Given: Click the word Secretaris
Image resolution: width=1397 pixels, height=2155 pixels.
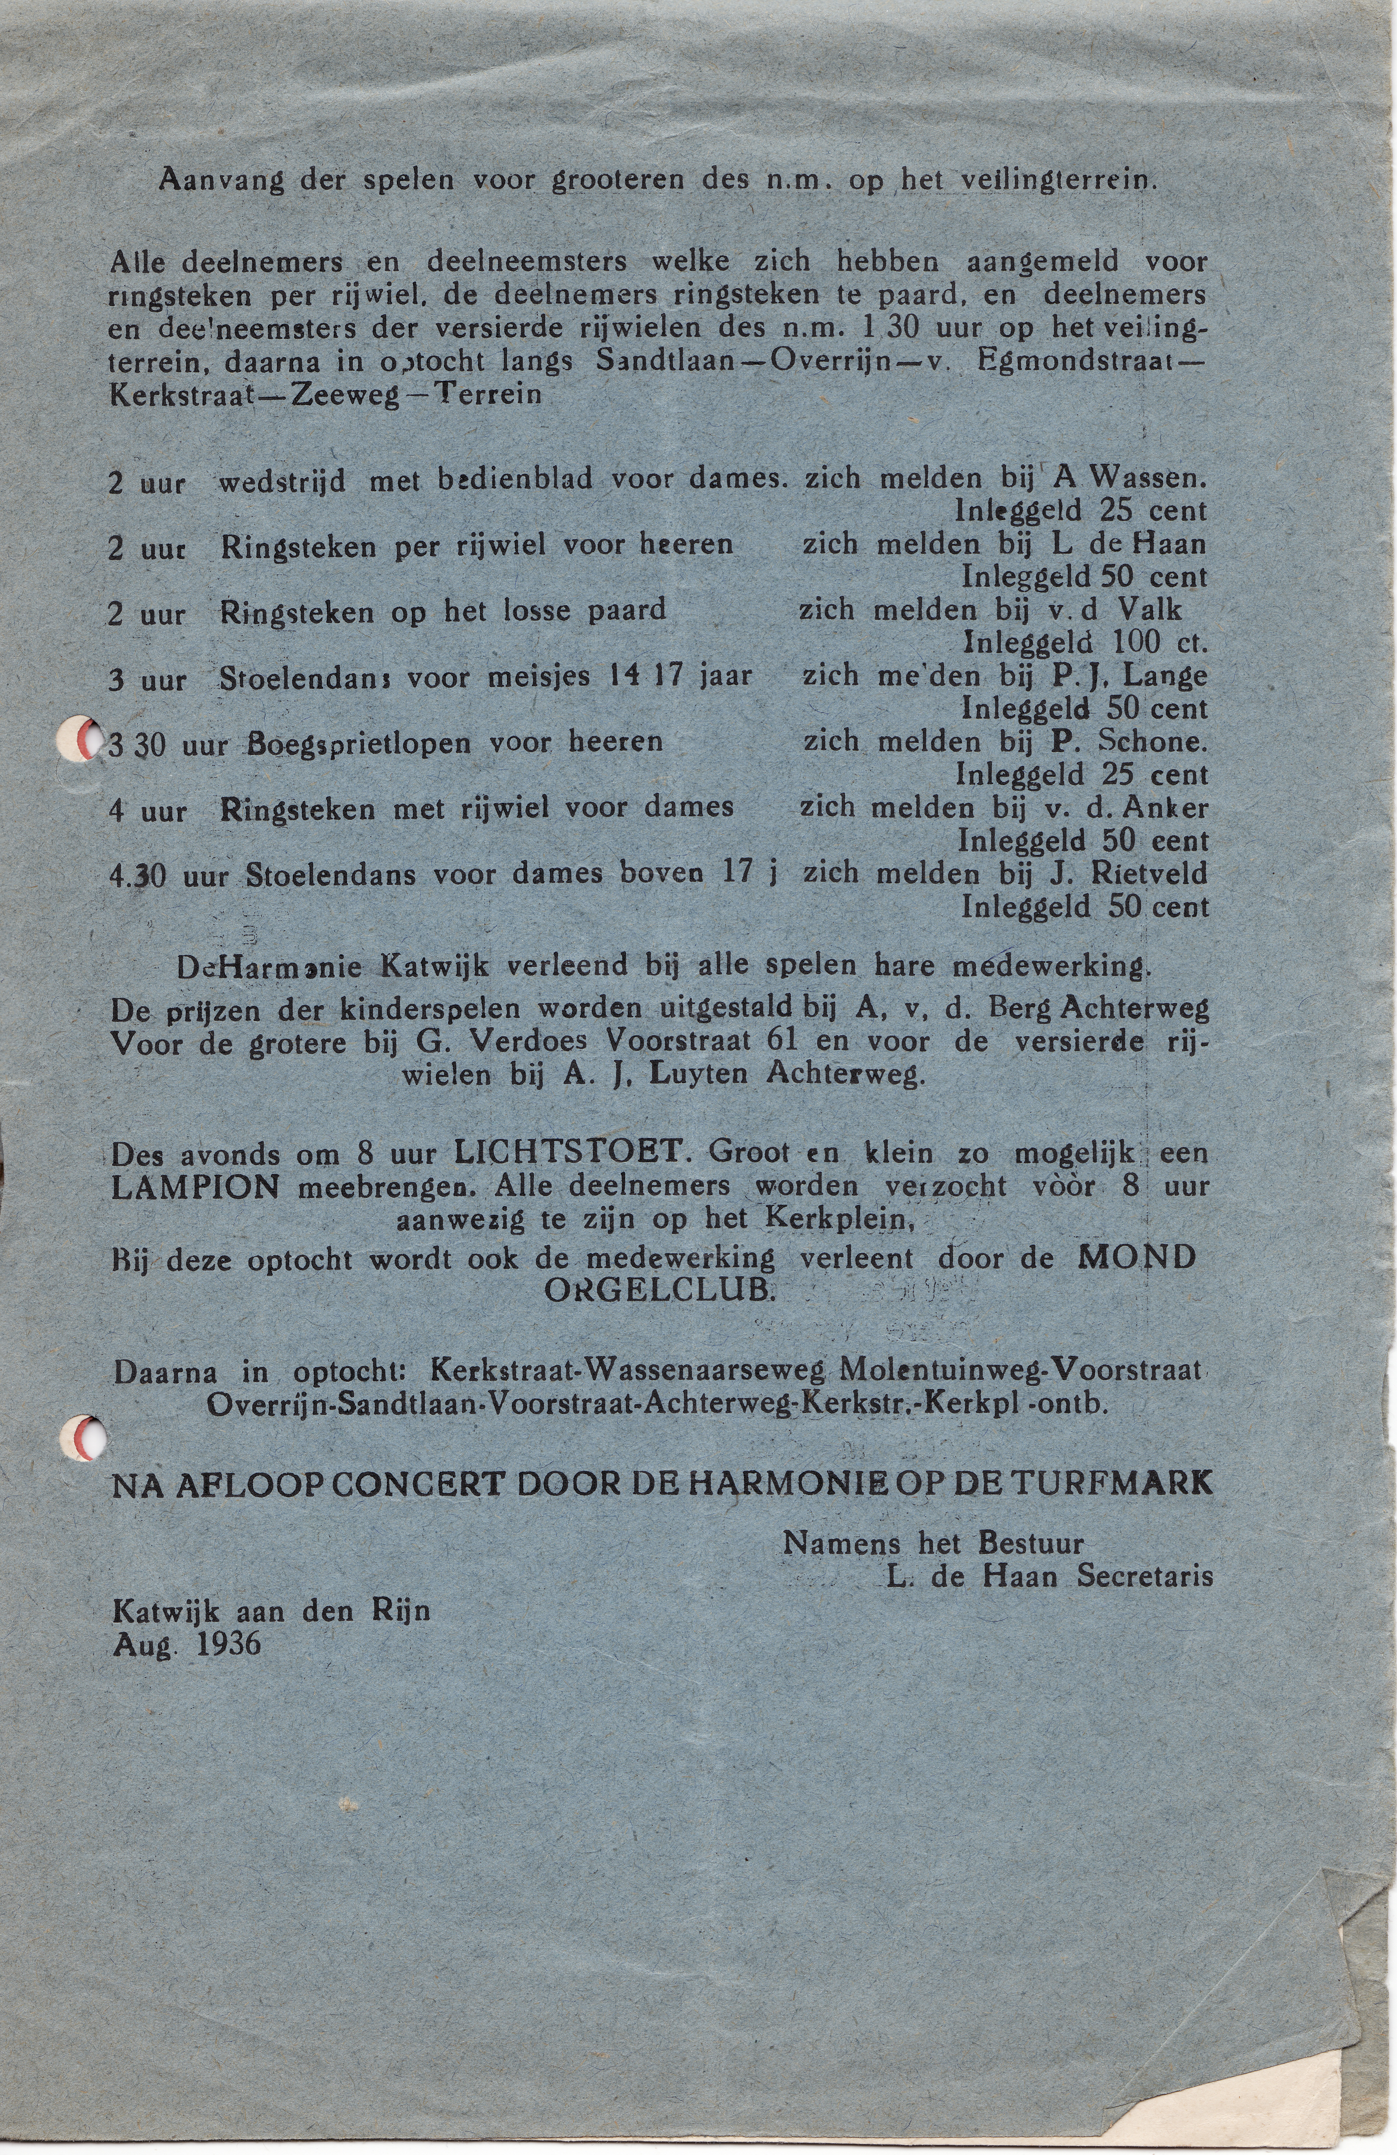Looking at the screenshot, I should coord(1144,1576).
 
